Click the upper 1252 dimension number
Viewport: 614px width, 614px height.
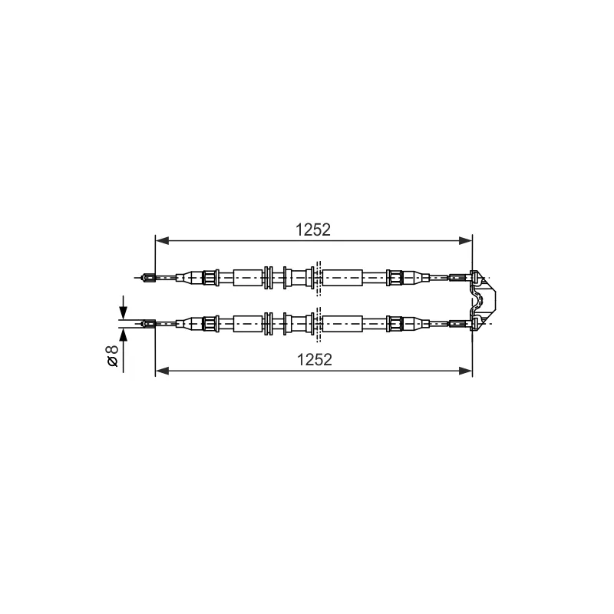tap(313, 229)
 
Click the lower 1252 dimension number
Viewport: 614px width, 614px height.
tap(315, 359)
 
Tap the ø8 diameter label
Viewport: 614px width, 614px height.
tap(112, 356)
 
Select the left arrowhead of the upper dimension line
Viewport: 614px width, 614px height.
tap(162, 240)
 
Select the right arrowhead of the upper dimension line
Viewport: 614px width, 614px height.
tap(466, 240)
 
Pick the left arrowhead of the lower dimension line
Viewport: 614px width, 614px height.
tap(162, 371)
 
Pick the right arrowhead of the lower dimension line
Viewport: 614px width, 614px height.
tap(466, 371)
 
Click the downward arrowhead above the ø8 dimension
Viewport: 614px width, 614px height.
tap(124, 312)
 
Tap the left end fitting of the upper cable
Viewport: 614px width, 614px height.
tap(149, 278)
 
